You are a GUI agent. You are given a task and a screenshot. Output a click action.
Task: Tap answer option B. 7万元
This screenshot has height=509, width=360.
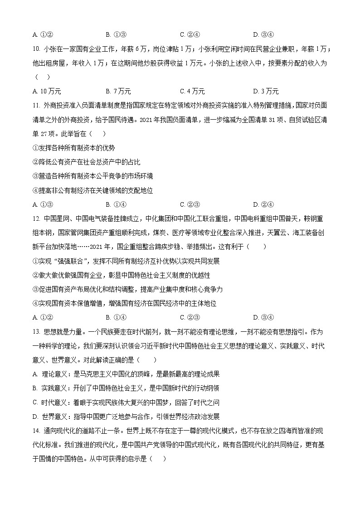tap(118, 91)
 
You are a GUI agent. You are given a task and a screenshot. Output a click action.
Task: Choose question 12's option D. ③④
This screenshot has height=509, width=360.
tap(263, 317)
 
